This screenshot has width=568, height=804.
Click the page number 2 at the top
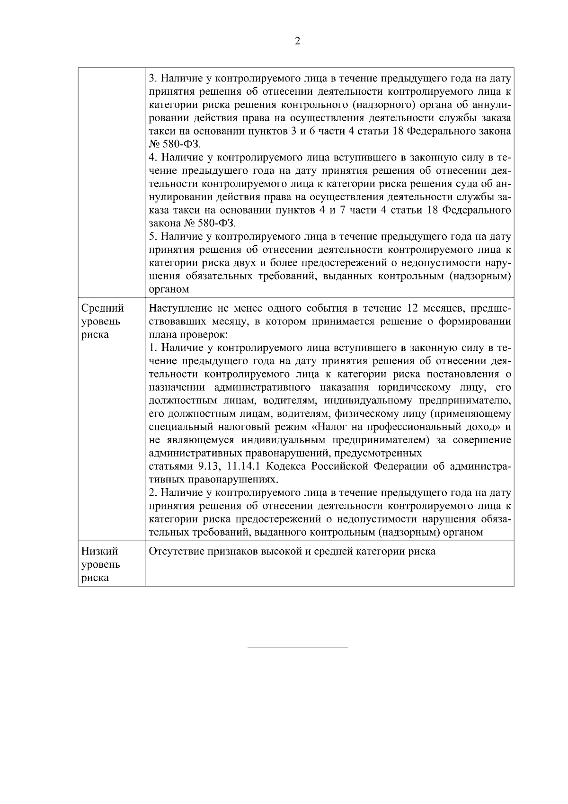(x=297, y=41)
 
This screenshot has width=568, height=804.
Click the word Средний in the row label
(x=102, y=309)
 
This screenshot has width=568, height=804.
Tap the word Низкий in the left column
(x=99, y=552)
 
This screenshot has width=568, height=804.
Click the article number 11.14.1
(x=244, y=466)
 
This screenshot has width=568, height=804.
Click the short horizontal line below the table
(x=298, y=647)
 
